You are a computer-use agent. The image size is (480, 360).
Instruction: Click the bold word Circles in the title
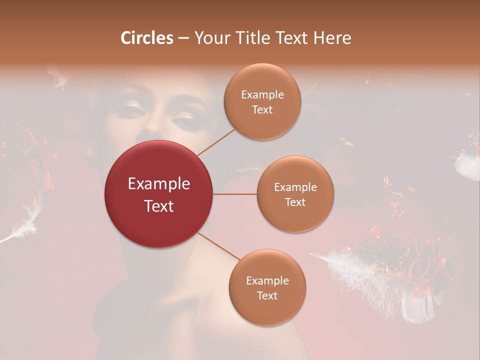tap(147, 38)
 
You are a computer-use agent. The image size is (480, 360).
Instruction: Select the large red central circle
tap(159, 194)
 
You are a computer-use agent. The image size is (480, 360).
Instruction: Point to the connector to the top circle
tap(216, 142)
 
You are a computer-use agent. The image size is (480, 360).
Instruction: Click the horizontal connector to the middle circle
tap(235, 194)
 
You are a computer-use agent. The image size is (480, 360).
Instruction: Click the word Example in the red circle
tap(159, 184)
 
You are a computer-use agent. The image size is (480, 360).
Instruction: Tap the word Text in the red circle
tap(159, 206)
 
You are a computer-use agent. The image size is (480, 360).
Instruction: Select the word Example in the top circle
tap(262, 95)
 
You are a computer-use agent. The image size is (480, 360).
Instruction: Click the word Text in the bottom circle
tap(267, 295)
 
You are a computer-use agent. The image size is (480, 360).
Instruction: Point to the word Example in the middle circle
tap(295, 187)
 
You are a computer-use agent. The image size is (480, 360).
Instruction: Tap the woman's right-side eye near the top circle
tap(184, 120)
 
